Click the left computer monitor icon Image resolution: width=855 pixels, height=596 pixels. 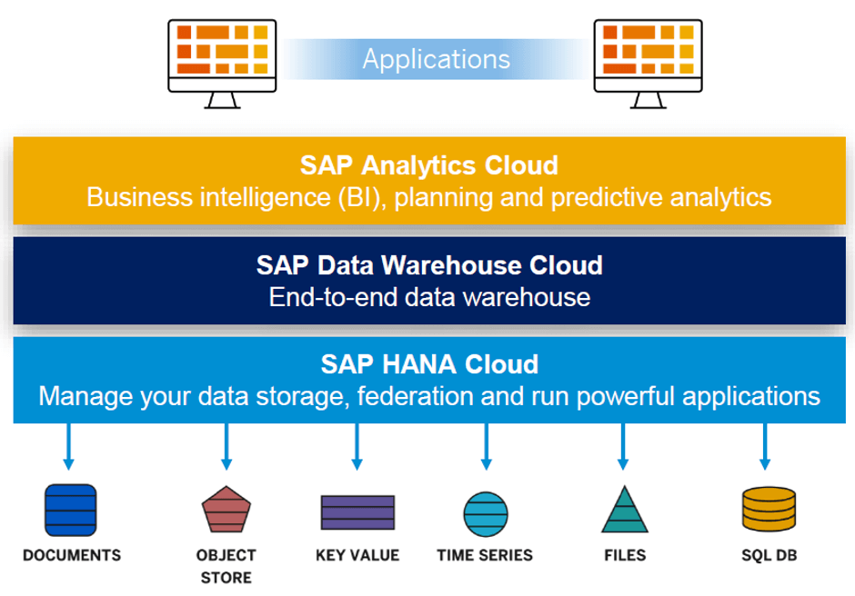(223, 56)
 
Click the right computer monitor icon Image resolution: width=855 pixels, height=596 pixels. (648, 56)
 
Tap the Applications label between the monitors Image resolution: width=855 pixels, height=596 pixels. (436, 59)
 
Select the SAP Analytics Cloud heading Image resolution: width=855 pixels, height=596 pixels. (428, 165)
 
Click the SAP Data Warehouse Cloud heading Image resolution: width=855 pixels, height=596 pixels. (429, 265)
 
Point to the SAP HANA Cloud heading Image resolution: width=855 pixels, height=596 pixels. (429, 364)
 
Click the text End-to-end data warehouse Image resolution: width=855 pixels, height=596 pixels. (429, 297)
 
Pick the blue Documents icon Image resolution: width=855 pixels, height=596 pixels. (71, 510)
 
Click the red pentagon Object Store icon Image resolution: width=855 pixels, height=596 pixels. (226, 510)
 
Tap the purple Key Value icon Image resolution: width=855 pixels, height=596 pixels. (357, 512)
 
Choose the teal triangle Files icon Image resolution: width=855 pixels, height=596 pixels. (624, 510)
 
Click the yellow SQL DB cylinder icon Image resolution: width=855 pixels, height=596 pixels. (769, 510)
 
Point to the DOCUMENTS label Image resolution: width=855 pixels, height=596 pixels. (72, 555)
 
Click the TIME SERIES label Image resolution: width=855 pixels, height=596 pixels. (485, 555)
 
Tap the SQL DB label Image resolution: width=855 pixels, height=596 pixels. (769, 555)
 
